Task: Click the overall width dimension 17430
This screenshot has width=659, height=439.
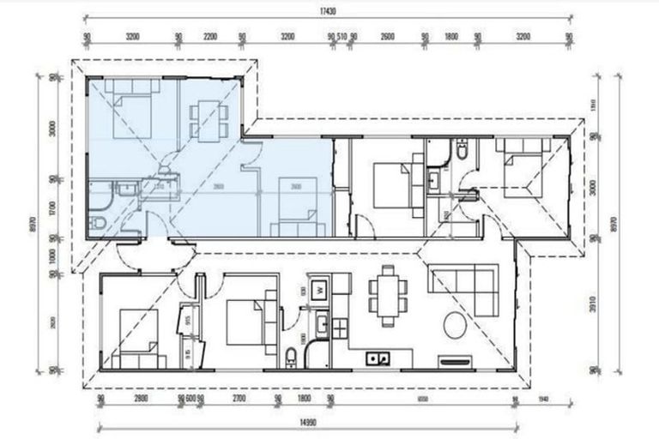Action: pos(329,11)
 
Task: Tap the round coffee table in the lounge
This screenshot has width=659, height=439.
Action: pos(455,327)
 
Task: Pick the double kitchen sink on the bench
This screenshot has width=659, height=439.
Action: pos(377,358)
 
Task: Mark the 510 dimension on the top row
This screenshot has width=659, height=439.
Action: pos(342,38)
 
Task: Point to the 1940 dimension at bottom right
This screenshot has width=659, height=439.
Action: pos(542,399)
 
